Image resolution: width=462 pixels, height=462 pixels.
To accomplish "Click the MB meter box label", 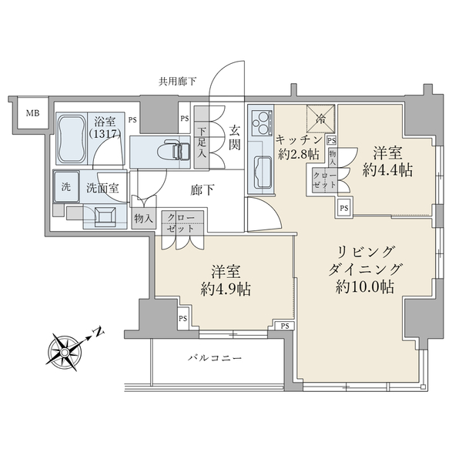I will tap(32, 114).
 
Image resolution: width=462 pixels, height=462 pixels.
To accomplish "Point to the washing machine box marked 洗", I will tap(65, 186).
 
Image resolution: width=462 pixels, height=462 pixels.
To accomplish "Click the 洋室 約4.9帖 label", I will tap(224, 280).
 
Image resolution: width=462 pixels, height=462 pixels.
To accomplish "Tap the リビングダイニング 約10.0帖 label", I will tap(365, 269).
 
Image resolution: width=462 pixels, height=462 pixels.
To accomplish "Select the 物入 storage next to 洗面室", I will tap(144, 218).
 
